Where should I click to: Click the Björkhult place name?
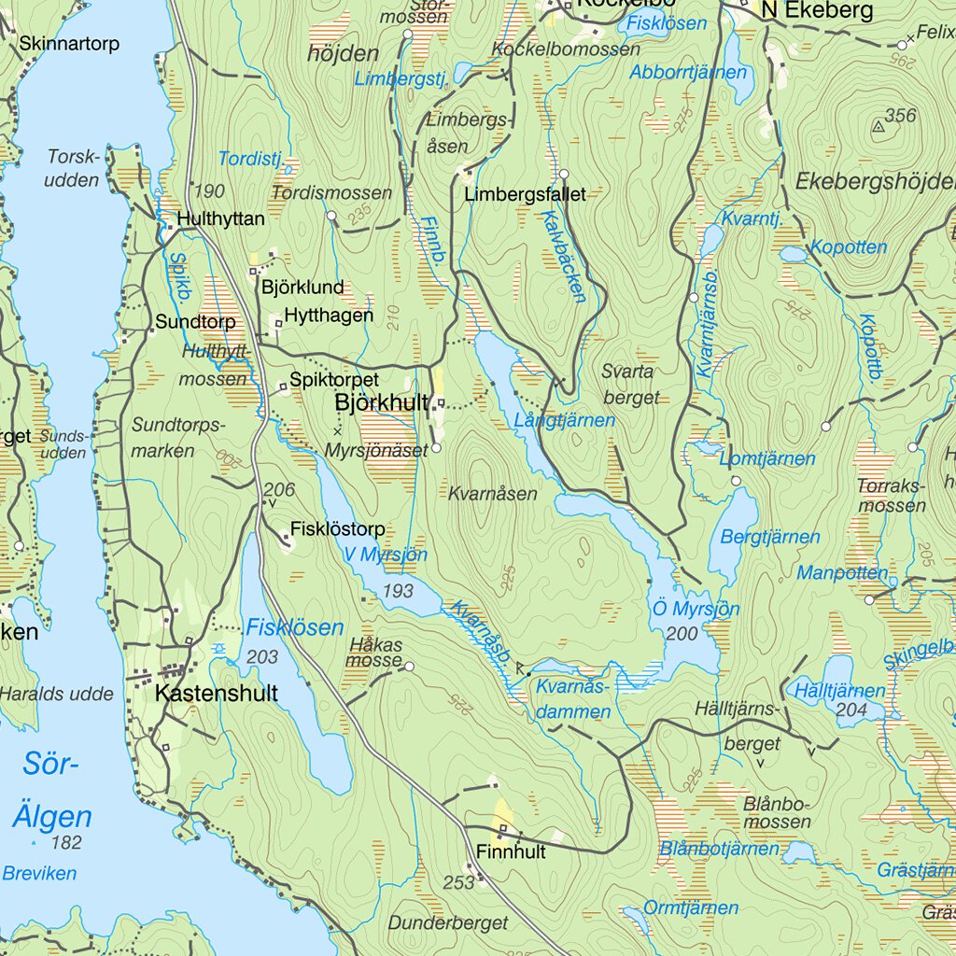(381, 403)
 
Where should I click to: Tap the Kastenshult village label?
(216, 694)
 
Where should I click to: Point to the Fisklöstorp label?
(337, 529)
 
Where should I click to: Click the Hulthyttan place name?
(220, 218)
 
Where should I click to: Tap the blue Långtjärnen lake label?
(565, 421)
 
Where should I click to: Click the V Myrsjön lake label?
(385, 555)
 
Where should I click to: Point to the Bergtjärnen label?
(770, 537)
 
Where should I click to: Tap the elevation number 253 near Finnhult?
(458, 882)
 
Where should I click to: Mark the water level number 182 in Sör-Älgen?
(67, 843)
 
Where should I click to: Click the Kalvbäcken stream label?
(564, 254)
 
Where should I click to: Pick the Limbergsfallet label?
(525, 194)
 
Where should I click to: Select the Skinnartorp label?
(69, 44)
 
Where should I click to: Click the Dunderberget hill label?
(450, 922)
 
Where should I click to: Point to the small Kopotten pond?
(792, 254)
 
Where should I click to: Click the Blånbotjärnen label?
(719, 849)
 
